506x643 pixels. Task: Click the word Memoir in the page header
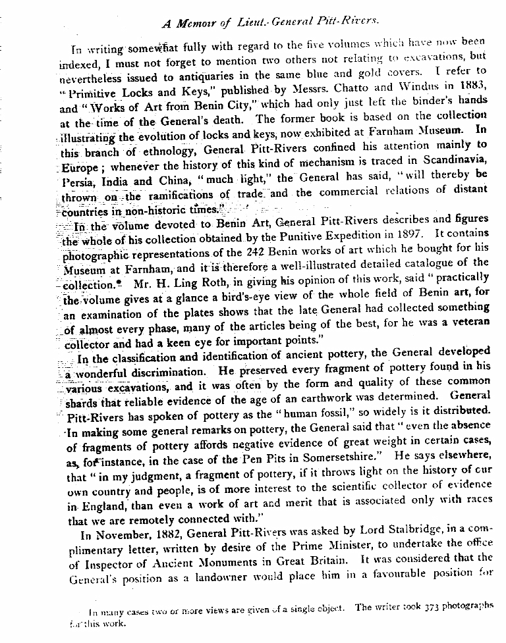tap(197, 24)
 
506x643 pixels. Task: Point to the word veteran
tap(468, 322)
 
